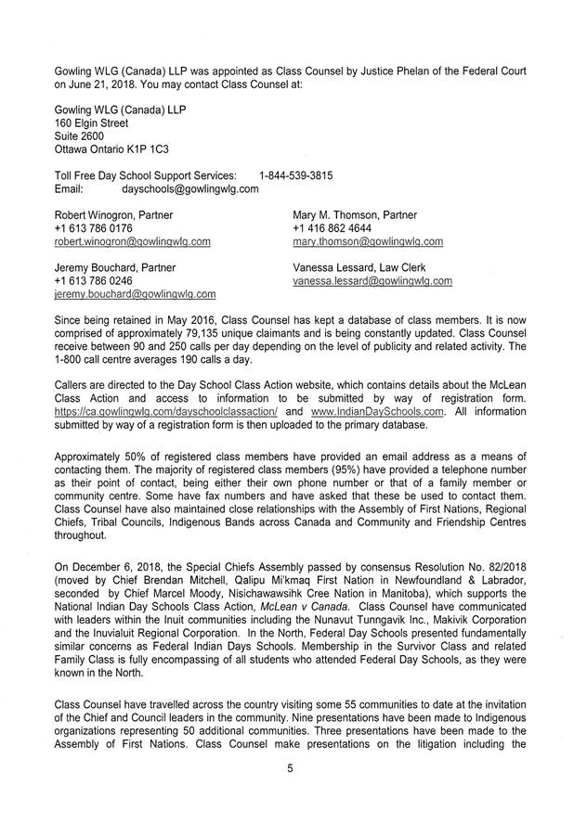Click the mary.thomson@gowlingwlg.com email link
[367, 241]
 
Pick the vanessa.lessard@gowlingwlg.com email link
[372, 280]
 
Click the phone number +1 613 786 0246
[93, 280]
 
